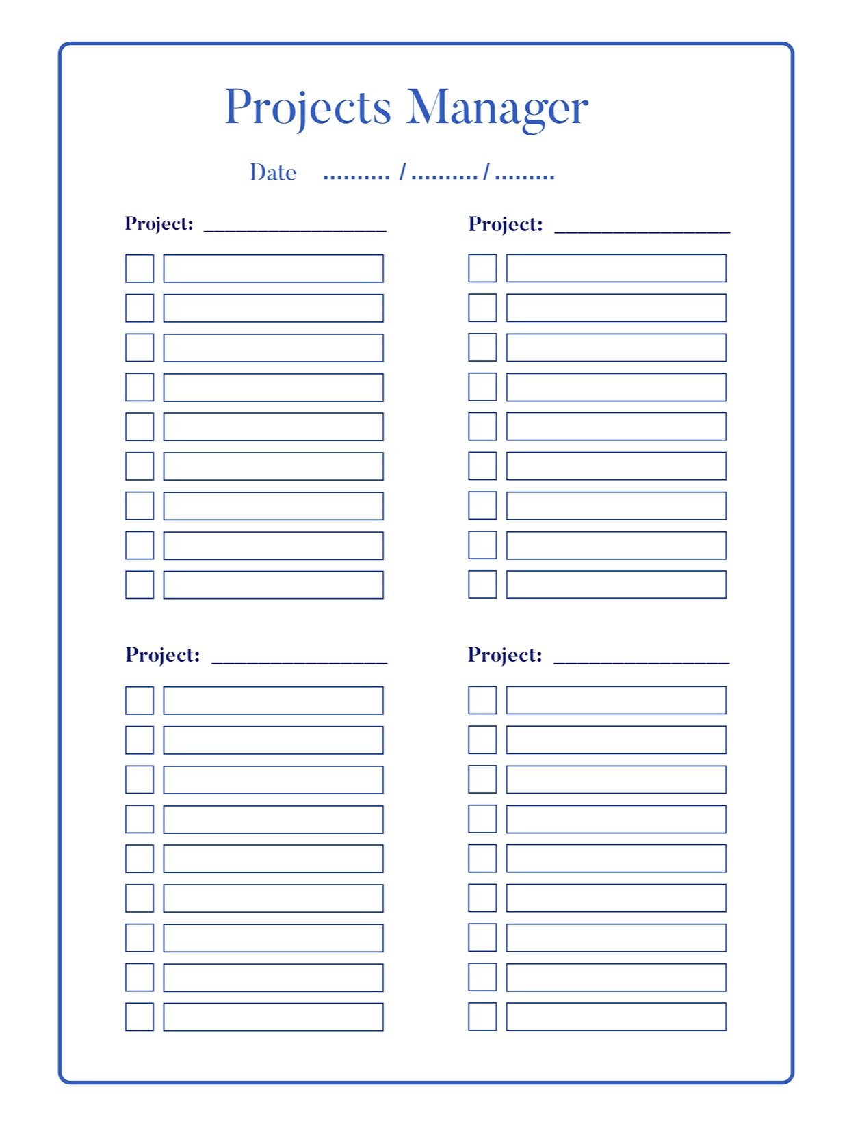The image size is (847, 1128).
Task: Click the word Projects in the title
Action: [x=307, y=108]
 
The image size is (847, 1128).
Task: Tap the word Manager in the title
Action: [x=497, y=108]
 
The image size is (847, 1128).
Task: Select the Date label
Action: [x=272, y=173]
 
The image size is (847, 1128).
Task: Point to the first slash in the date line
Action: [x=402, y=173]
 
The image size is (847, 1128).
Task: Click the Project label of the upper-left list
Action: [x=159, y=224]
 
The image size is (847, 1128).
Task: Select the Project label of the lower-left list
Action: [x=162, y=655]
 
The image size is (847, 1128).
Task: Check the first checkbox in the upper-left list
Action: [x=140, y=269]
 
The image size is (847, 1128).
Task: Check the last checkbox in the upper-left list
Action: [x=140, y=585]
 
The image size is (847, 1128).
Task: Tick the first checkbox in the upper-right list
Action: [x=482, y=268]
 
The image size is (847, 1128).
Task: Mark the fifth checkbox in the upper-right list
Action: [x=482, y=426]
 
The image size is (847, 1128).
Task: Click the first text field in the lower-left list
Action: [x=273, y=701]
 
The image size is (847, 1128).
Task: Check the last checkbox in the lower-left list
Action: [x=140, y=1017]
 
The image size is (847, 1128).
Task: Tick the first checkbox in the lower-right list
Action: [x=482, y=700]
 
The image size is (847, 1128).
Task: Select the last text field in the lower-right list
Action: [x=616, y=1017]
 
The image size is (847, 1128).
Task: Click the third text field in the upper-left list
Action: [x=273, y=348]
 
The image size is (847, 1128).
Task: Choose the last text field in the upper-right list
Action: [x=616, y=585]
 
